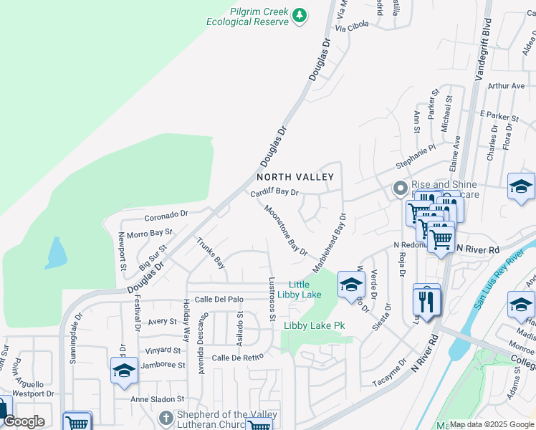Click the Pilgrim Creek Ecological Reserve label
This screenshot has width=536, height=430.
[x=247, y=17]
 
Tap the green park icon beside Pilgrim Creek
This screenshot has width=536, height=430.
[x=301, y=14]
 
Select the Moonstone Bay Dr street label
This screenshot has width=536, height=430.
[x=285, y=231]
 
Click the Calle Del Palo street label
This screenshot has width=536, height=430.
[x=219, y=299]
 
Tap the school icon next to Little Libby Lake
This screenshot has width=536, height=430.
[x=351, y=285]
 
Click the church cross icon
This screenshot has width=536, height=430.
[x=166, y=416]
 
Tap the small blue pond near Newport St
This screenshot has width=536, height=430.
[x=55, y=252]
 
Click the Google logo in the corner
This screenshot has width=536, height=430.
[x=24, y=421]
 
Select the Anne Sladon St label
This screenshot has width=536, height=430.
[x=158, y=398]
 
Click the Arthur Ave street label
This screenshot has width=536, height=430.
[x=507, y=86]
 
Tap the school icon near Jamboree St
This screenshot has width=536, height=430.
[x=124, y=371]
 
